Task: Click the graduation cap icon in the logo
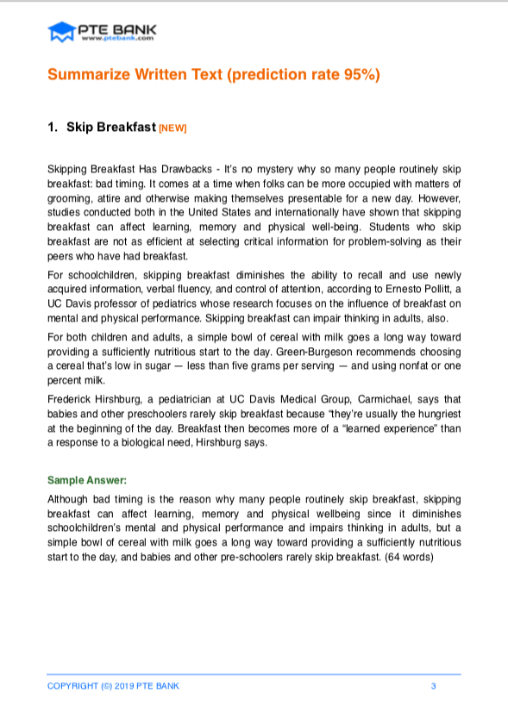[x=61, y=32]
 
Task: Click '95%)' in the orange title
[x=361, y=75]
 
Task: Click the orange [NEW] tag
[x=173, y=128]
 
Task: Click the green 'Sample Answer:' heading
[x=86, y=479]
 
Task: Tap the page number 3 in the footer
[x=433, y=685]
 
